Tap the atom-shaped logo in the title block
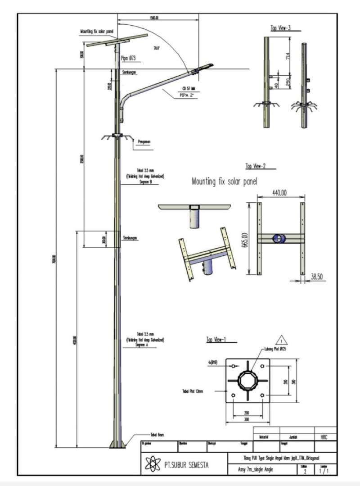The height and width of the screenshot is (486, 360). tap(154, 463)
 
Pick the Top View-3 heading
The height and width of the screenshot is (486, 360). tap(280, 28)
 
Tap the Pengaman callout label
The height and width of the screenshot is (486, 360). tap(144, 141)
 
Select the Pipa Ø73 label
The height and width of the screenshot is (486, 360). tap(128, 58)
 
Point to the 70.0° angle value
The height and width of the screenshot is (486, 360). tap(157, 48)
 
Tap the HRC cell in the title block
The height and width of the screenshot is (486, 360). tap(324, 437)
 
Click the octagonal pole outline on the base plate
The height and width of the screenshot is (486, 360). tap(247, 381)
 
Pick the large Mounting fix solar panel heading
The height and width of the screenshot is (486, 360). tap(221, 182)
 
